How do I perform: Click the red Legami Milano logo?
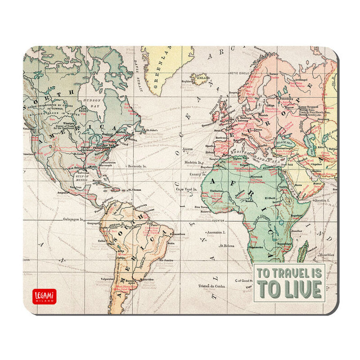pos(45,296)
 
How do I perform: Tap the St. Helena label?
pos(227,245)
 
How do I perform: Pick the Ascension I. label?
pos(217,232)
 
